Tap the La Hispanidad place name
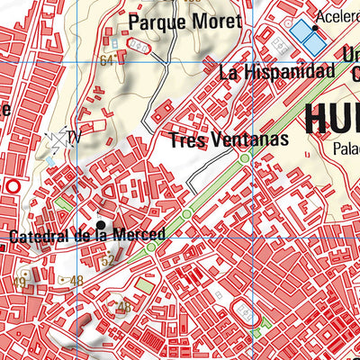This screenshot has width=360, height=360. tap(270, 71)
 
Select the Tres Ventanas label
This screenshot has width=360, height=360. tap(229, 139)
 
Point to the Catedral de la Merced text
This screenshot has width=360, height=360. tap(87, 236)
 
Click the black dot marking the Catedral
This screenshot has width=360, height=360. tap(101, 225)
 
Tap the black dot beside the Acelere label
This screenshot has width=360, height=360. tap(315, 28)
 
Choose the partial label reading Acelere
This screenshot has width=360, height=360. tap(337, 16)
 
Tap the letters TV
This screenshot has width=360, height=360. tap(74, 138)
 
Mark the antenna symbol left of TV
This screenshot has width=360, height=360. tap(56, 137)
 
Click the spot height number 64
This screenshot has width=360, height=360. tap(108, 60)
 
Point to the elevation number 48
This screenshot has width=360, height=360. tap(76, 281)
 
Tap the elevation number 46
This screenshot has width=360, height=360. tap(124, 307)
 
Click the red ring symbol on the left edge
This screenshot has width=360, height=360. tap(12, 186)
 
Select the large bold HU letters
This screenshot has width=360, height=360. tap(333, 119)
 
